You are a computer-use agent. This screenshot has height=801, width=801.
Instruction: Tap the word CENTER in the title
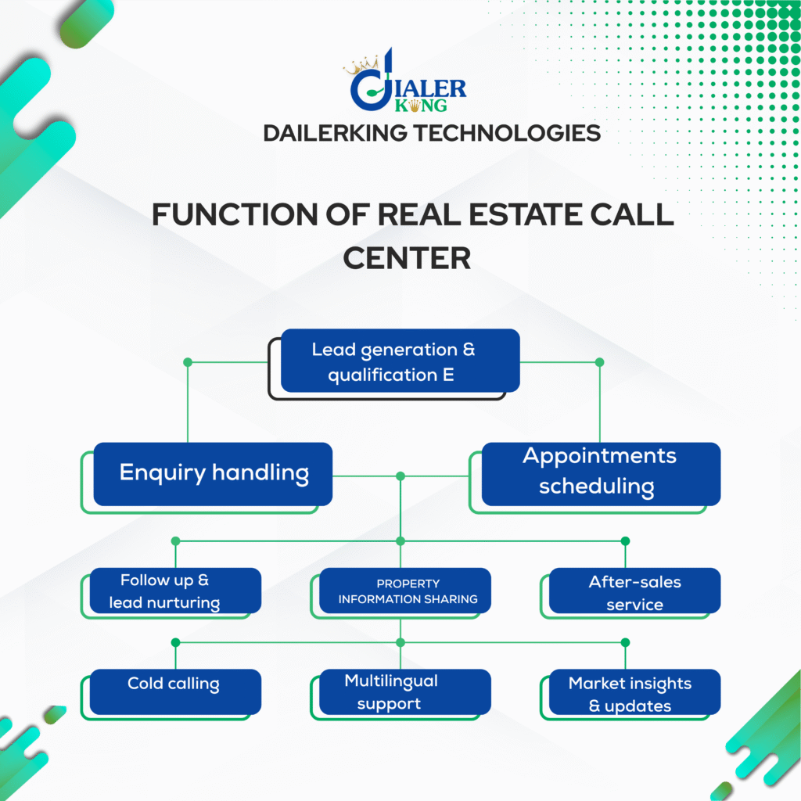407,258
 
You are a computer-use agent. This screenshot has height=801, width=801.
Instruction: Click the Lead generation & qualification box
400,361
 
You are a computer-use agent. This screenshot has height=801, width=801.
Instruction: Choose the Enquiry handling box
213,474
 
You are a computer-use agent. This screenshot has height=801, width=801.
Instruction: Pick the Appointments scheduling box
601,474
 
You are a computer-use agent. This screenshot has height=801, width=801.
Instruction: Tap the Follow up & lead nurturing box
175,591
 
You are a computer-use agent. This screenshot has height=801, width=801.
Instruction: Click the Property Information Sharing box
405,591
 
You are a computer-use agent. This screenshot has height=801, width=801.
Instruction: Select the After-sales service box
635,591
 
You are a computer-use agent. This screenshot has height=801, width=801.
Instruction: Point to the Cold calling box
175,691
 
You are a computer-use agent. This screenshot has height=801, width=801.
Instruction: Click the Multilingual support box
405,691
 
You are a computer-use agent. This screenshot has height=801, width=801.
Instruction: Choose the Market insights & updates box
635,691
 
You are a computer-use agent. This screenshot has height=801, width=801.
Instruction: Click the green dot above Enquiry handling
188,362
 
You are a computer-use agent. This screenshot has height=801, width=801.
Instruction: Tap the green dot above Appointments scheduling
600,362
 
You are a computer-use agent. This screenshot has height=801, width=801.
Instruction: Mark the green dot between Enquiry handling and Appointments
400,476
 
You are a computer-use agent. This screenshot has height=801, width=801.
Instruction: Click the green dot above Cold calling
176,642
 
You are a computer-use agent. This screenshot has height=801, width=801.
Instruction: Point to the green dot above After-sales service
625,541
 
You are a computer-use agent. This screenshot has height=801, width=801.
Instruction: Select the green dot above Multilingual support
400,642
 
